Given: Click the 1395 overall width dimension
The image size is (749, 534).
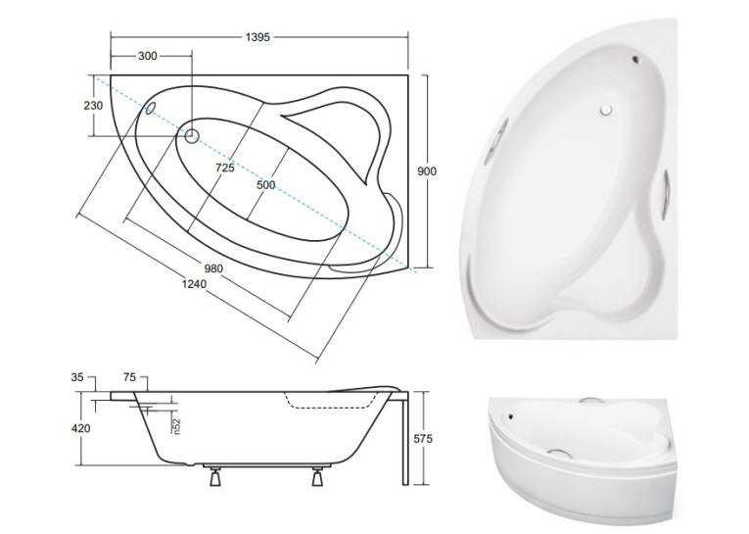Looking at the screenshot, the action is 257,37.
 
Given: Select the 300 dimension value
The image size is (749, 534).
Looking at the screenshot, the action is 147,56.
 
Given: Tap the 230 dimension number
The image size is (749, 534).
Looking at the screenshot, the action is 93,105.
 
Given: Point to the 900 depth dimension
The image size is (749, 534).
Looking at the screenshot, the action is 427,170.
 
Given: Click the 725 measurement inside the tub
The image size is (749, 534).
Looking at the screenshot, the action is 225,168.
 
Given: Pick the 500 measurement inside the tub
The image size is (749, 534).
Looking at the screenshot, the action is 266,185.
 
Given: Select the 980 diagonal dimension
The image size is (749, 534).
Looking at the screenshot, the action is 213,268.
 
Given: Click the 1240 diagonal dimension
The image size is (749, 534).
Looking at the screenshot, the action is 194,284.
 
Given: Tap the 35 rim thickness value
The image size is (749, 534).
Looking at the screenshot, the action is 77,377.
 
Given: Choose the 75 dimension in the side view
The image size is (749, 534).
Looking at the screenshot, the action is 129,377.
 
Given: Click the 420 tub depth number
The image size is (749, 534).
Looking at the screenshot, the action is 80,428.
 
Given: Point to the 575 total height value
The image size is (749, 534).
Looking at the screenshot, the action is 423,438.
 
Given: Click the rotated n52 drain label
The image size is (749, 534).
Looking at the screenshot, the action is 177,426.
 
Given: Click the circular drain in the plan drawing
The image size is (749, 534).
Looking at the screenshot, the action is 192,136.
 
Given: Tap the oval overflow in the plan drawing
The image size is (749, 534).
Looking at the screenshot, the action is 150,108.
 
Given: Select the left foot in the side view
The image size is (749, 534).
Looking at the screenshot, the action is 215,476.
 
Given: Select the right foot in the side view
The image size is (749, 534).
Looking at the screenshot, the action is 317,476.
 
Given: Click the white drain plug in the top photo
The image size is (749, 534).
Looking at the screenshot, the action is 607,110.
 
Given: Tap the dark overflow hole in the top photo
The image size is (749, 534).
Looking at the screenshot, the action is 635,60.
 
